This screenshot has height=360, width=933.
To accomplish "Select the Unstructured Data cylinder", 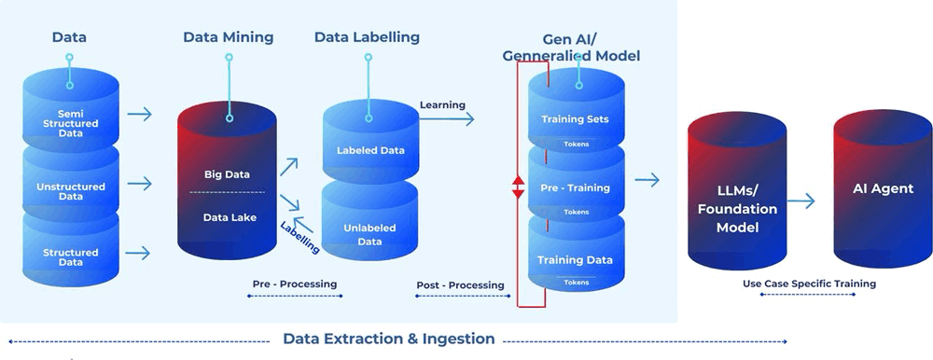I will pos(71,189).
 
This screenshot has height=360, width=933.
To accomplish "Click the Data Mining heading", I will pos(228,37).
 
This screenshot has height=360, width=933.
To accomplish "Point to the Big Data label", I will pos(227,173).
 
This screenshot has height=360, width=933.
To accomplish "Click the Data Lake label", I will pos(227,217).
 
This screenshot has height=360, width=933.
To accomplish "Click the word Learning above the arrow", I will pos(442,104).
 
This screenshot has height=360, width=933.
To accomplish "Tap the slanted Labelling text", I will pos(299,237).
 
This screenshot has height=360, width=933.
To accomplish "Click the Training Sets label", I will pos(575,119).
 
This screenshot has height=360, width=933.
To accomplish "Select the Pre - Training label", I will pos(575,187).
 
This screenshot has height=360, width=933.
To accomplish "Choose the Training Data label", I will pos(575,258).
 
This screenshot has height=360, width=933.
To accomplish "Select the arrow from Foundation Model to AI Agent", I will pos(801,201).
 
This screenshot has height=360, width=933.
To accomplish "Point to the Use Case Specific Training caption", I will pos(809,284).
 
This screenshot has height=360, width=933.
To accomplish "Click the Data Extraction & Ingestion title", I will pos(389,339).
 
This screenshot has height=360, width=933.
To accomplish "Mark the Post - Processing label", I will pos(460,284).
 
